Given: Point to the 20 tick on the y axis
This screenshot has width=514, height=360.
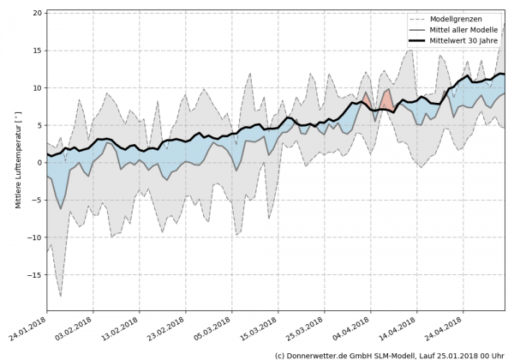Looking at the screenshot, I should (39, 14).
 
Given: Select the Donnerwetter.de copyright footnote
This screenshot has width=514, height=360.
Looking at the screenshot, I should (391, 354).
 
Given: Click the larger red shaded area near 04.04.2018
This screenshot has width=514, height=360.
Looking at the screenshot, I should (386, 100).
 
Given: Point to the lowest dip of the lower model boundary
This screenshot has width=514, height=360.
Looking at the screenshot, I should (60, 296).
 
